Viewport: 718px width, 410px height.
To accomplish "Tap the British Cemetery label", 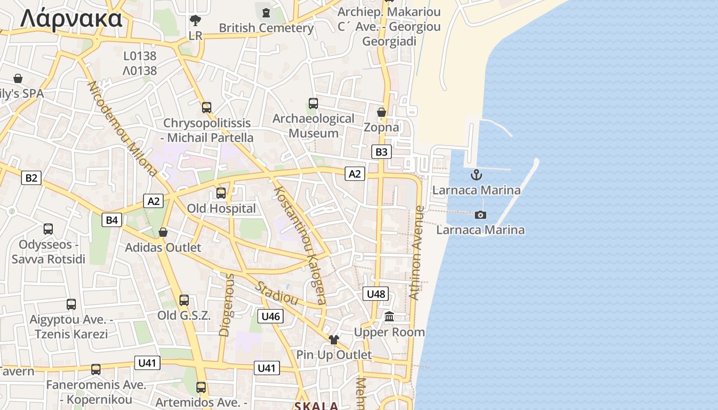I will point(266,28).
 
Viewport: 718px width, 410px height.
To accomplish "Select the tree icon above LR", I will point(195,20).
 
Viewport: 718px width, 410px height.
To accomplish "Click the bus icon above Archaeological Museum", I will point(313,103).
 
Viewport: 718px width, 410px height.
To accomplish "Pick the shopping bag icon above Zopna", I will point(381,112).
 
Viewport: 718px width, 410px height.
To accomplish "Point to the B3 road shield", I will point(381,152).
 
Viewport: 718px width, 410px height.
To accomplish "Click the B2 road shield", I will point(31,178).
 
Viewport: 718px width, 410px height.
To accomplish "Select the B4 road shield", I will point(112,220).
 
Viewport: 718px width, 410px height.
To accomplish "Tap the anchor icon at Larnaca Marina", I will point(476,175).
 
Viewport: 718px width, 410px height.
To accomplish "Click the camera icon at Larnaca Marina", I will point(480,215).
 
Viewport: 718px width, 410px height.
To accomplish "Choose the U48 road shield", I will point(375,294).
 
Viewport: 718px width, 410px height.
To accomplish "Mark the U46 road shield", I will point(270,316).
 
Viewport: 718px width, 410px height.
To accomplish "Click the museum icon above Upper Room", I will point(389,317).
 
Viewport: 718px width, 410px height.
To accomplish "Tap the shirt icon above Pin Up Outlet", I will point(334,339).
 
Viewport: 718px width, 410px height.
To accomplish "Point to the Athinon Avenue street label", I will point(416,253).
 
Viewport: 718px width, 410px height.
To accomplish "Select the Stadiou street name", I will point(277,293).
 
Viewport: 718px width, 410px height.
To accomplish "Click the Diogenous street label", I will point(226,305).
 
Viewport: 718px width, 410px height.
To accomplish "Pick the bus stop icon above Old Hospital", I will point(221,193).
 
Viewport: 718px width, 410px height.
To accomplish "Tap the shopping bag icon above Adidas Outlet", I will point(163,232).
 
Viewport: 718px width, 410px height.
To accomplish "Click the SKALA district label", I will point(316,406).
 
